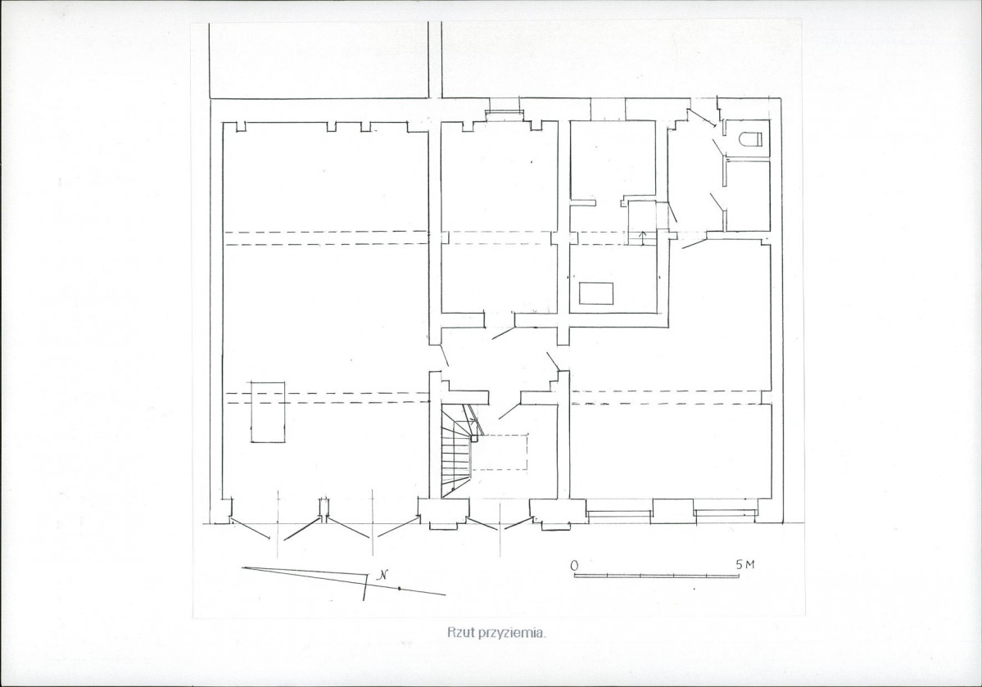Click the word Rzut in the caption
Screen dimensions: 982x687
(x=458, y=632)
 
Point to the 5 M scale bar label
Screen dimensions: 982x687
(x=746, y=564)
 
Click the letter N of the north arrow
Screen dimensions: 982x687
(x=381, y=576)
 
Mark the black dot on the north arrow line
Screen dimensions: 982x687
(x=399, y=589)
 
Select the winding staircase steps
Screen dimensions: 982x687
(x=456, y=452)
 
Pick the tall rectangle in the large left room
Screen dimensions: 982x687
(x=268, y=411)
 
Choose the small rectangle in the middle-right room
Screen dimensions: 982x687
(x=595, y=293)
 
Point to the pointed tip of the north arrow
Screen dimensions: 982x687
(x=243, y=568)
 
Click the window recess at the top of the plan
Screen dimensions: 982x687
(x=505, y=111)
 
